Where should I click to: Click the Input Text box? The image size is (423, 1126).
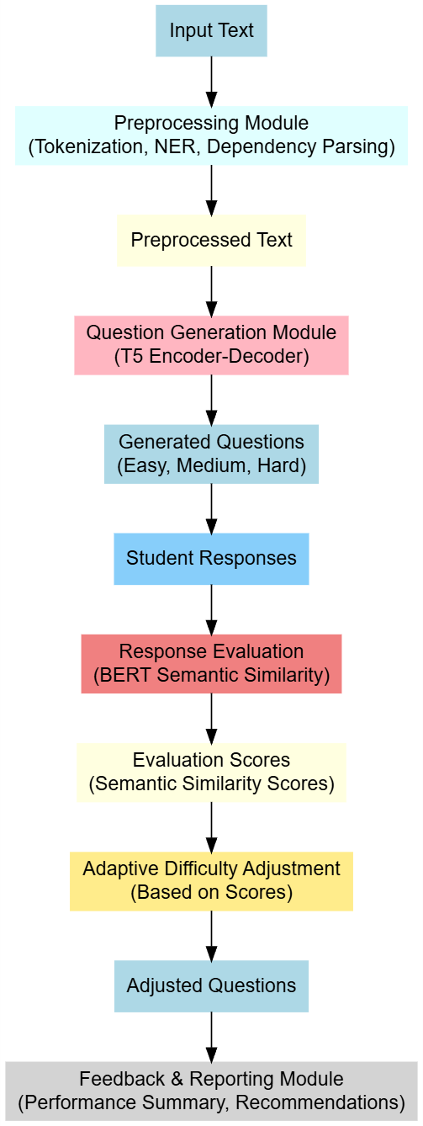[211, 30]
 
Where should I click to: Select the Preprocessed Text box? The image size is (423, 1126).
[211, 241]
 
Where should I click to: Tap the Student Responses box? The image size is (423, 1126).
[211, 559]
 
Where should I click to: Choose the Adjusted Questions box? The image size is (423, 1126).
[211, 985]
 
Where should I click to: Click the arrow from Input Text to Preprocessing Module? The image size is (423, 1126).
[212, 82]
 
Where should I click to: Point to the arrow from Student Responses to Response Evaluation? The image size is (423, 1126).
[212, 609]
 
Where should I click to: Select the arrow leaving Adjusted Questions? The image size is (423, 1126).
[212, 1037]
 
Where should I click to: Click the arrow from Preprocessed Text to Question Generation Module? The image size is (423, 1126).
[212, 291]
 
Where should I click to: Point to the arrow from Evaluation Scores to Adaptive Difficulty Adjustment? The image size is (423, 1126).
[212, 827]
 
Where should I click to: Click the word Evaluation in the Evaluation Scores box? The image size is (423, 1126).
[169, 760]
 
